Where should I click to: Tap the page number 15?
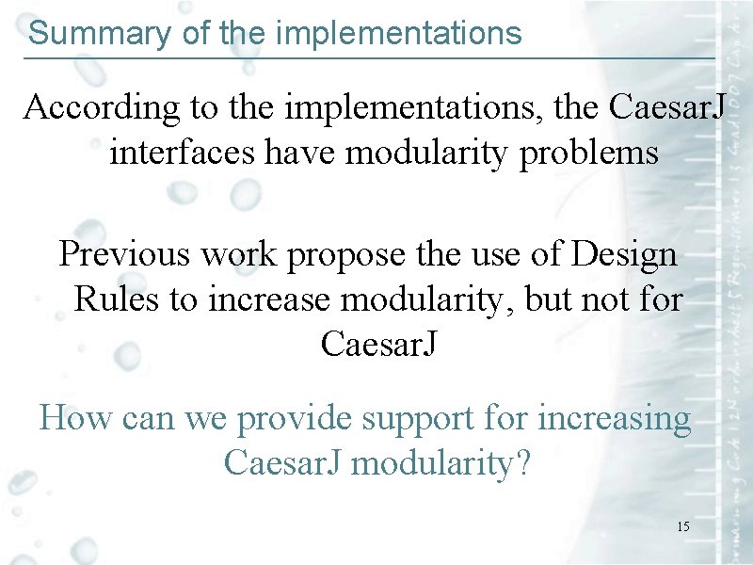click(x=682, y=526)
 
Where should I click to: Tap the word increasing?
click(x=614, y=417)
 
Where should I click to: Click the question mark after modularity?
click(x=522, y=462)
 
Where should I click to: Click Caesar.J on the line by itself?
click(x=378, y=344)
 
